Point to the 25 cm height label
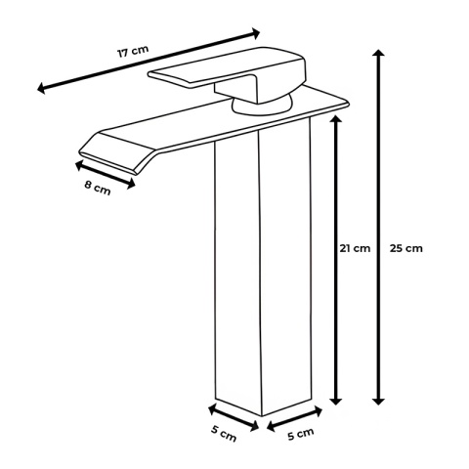click(406, 247)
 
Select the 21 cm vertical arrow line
click(336, 293)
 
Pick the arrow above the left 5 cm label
click(235, 413)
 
